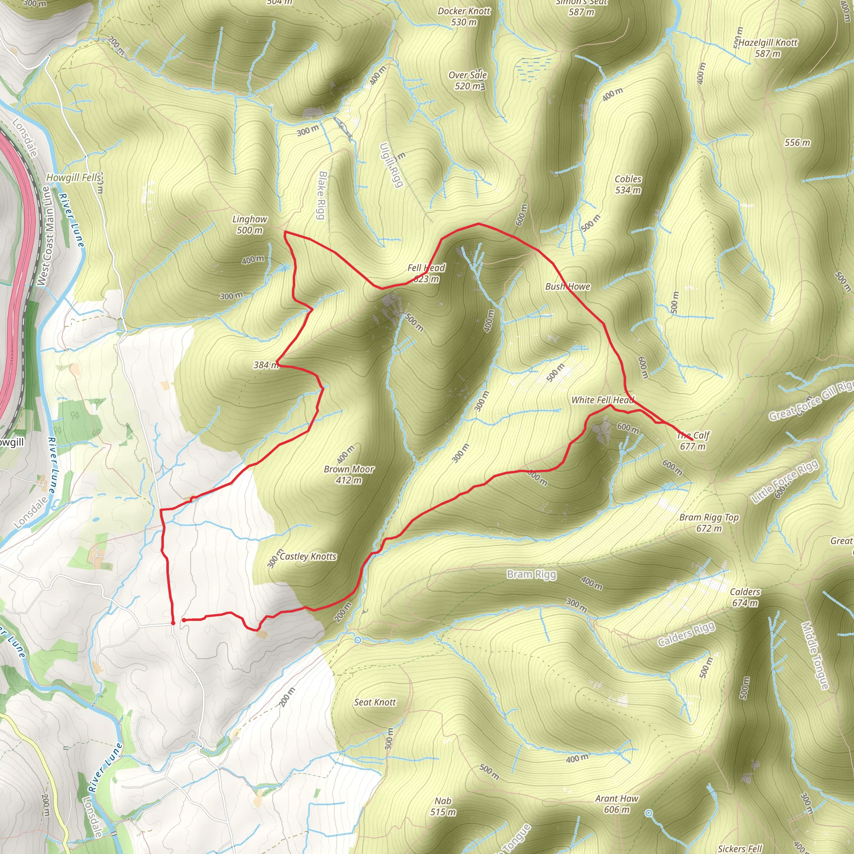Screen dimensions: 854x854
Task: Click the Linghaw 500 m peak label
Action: pos(250,225)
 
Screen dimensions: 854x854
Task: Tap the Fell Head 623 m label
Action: pos(426,273)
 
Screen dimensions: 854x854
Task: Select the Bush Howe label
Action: pos(568,286)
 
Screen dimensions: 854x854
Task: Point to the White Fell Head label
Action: pos(603,400)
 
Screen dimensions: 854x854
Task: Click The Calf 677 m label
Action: pos(693,441)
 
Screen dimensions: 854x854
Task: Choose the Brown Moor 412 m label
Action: pos(349,474)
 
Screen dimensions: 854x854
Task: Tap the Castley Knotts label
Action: pos(308,556)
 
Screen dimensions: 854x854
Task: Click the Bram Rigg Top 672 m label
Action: pos(709,522)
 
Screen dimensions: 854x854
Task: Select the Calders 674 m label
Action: pos(745,597)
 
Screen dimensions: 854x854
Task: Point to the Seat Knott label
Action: pos(375,702)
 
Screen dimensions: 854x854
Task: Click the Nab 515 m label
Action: pos(443,806)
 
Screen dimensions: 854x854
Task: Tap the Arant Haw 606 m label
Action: pos(617,804)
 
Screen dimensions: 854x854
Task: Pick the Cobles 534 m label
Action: pos(628,184)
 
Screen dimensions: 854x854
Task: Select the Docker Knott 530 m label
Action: pos(464,16)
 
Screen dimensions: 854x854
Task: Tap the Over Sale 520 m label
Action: pos(468,80)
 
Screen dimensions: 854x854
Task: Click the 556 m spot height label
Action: pos(797,142)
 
